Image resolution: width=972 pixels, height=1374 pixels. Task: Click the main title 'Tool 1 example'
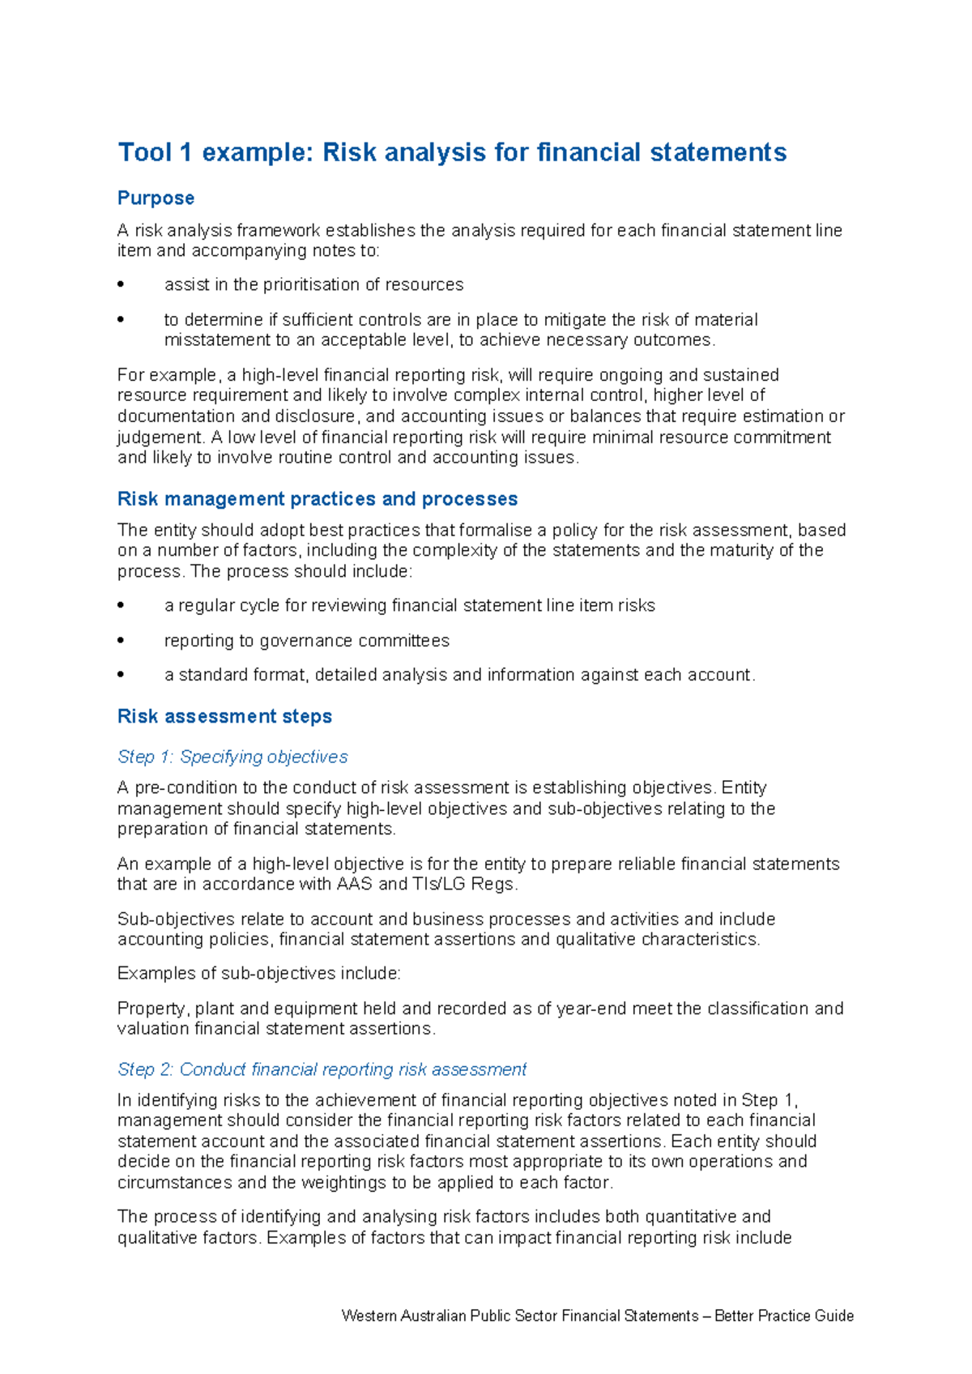point(451,152)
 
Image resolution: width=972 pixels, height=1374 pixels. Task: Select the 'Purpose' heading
point(156,198)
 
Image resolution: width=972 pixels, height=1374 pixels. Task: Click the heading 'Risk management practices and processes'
point(317,499)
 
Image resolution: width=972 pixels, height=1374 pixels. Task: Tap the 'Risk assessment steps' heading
point(224,717)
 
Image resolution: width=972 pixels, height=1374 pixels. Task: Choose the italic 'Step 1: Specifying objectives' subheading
point(232,757)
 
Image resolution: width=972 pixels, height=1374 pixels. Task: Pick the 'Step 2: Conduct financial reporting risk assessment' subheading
point(322,1069)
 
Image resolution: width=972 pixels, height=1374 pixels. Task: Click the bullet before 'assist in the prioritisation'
point(122,284)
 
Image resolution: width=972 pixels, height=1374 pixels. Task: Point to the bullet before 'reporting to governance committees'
point(122,641)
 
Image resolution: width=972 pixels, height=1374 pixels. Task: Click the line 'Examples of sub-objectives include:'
point(259,974)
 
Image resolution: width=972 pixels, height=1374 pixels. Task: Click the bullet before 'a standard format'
point(122,675)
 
